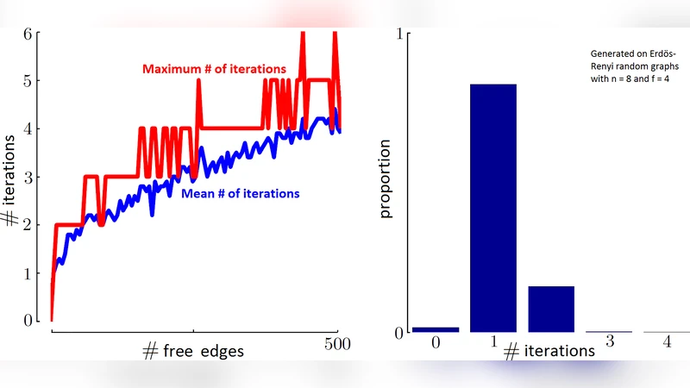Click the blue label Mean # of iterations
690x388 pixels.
pyautogui.click(x=241, y=194)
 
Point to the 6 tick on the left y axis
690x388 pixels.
pyautogui.click(x=28, y=34)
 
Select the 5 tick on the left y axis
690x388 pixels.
pyautogui.click(x=28, y=81)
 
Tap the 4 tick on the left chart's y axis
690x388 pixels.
pyautogui.click(x=28, y=129)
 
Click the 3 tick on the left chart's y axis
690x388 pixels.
pyautogui.click(x=28, y=178)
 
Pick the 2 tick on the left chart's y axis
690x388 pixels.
pyautogui.click(x=28, y=225)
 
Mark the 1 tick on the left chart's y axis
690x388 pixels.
pyautogui.click(x=28, y=273)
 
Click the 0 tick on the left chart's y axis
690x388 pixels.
pyautogui.click(x=28, y=321)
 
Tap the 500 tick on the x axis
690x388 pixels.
pyautogui.click(x=336, y=343)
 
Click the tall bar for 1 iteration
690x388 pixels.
pyautogui.click(x=492, y=208)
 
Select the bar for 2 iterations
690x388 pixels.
pyautogui.click(x=551, y=309)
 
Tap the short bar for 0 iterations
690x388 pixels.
pyautogui.click(x=436, y=329)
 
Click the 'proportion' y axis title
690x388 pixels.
pyautogui.click(x=386, y=186)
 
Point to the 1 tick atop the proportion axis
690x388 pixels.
pyautogui.click(x=398, y=34)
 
